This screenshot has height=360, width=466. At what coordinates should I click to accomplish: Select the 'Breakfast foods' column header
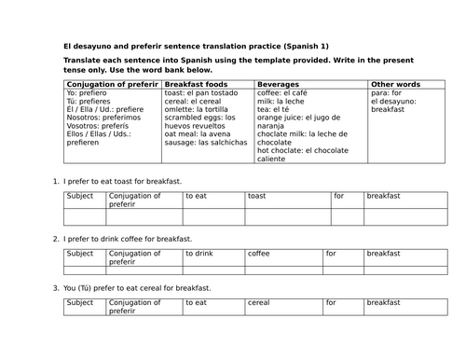click(193, 85)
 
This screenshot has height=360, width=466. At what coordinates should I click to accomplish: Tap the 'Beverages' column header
click(278, 85)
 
